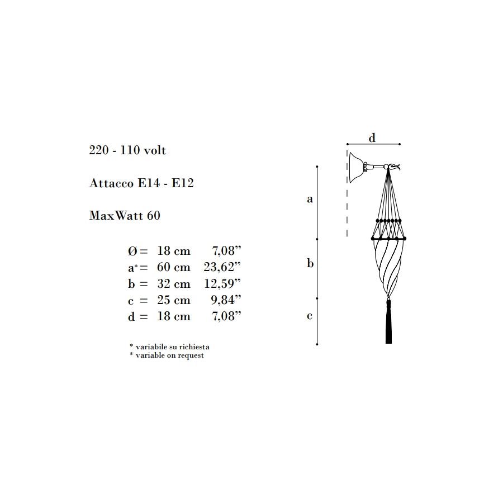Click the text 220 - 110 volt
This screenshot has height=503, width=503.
[x=127, y=150]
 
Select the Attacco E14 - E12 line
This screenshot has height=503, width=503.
[x=141, y=183]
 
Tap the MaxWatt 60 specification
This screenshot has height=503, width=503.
[x=125, y=215]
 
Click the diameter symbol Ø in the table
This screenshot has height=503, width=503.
[x=132, y=251]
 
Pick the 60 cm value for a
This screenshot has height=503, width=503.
[x=174, y=267]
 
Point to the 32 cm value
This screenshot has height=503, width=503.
[x=174, y=283]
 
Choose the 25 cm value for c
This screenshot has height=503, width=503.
[x=174, y=300]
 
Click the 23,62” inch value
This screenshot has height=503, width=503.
[x=222, y=267]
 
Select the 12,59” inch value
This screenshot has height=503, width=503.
[x=222, y=283]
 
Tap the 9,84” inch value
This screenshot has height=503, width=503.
[x=226, y=300]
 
